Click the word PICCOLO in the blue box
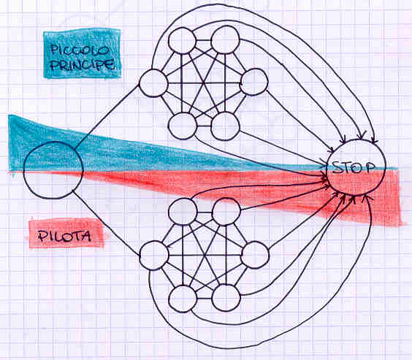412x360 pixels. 80,50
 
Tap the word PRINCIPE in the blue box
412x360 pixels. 83,64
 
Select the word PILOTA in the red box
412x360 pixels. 64,236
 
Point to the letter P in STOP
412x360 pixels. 370,167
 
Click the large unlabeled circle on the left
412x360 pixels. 53,170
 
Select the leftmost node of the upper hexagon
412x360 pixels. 153,83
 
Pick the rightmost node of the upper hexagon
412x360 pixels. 254,82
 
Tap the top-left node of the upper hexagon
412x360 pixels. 182,41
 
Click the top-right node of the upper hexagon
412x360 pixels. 226,39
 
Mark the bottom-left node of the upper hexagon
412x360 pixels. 183,126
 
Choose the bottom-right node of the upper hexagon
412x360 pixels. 226,126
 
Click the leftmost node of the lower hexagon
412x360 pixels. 154,256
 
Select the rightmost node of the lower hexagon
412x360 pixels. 255,255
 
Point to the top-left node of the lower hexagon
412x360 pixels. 183,212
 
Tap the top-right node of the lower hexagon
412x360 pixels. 226,211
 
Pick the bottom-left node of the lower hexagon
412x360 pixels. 183,299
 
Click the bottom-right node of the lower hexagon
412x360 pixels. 226,298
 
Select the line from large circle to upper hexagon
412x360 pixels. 107,117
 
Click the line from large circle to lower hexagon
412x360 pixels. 107,223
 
